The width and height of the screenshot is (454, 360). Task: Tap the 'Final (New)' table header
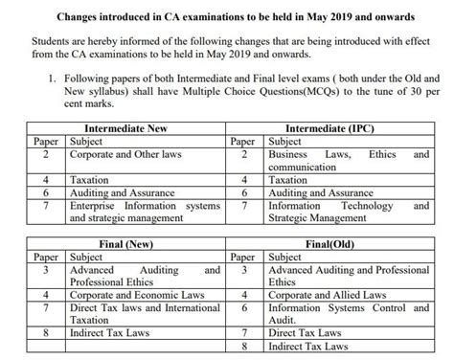pos(122,245)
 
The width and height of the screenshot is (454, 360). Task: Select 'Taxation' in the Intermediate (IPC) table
pos(288,180)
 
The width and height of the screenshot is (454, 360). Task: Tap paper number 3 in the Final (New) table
pos(46,271)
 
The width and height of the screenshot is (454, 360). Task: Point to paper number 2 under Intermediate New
pos(46,153)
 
